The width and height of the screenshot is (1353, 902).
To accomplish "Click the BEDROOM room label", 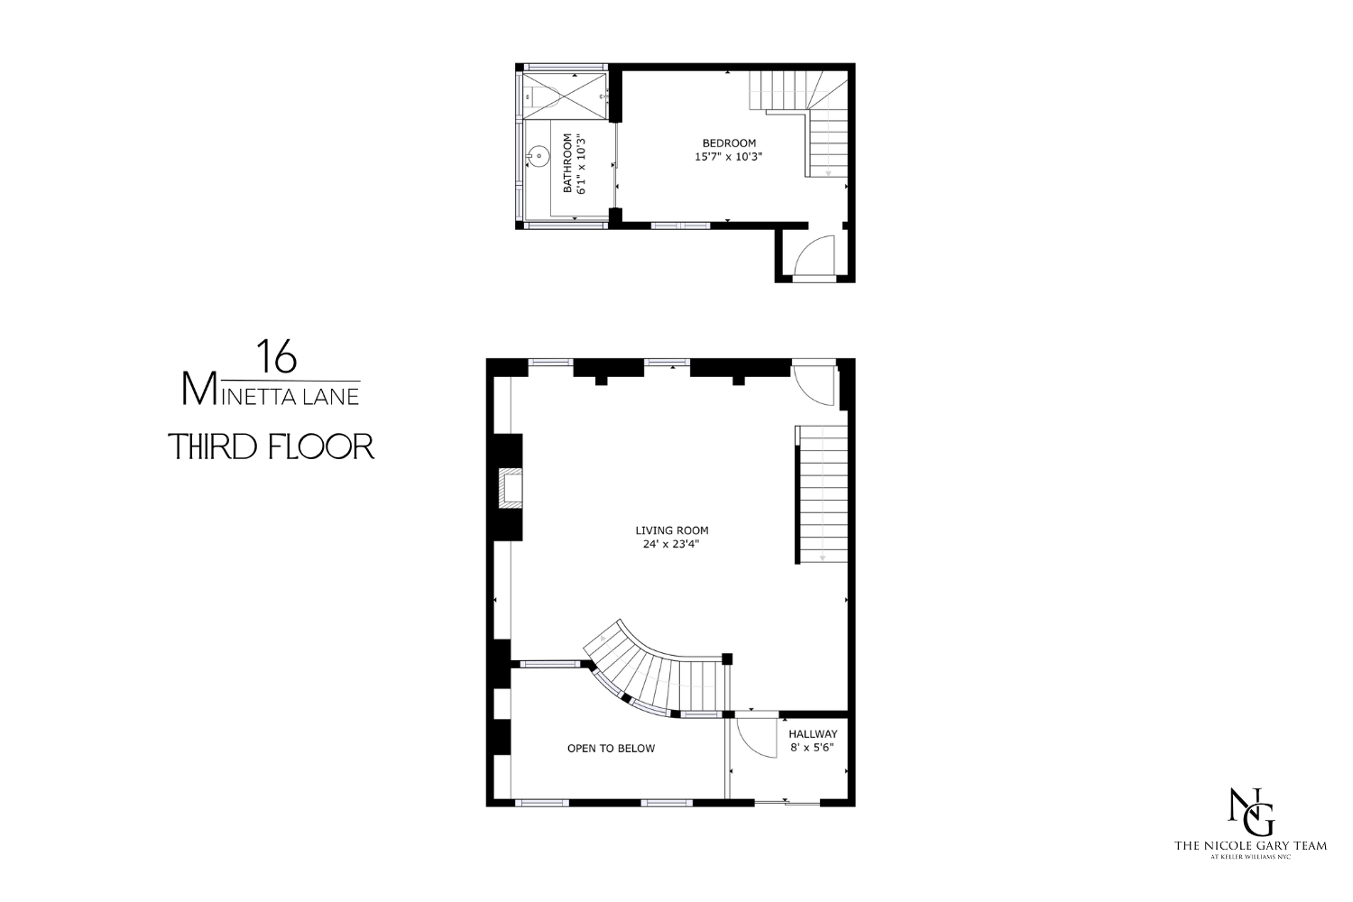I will tap(729, 143).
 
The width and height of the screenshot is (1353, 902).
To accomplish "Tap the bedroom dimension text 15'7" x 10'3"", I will tap(729, 157).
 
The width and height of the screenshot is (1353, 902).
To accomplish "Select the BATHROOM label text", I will tap(568, 163).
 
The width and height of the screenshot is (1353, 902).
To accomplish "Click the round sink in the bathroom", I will tap(538, 157).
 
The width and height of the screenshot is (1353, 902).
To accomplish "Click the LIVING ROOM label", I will tap(672, 530).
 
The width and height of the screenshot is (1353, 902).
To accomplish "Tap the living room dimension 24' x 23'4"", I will tap(672, 544).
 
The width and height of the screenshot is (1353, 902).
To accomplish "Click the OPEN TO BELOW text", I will tap(611, 749).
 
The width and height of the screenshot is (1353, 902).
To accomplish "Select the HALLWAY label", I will tap(813, 734).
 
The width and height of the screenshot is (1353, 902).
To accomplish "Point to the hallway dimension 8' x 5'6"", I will tap(813, 748).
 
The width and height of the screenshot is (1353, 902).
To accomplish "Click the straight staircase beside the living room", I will tap(823, 494).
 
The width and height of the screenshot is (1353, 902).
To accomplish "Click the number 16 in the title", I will tap(276, 357).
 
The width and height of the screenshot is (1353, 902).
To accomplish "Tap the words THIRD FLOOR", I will tap(272, 446).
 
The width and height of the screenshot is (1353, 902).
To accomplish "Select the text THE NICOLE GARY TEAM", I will tap(1249, 846).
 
